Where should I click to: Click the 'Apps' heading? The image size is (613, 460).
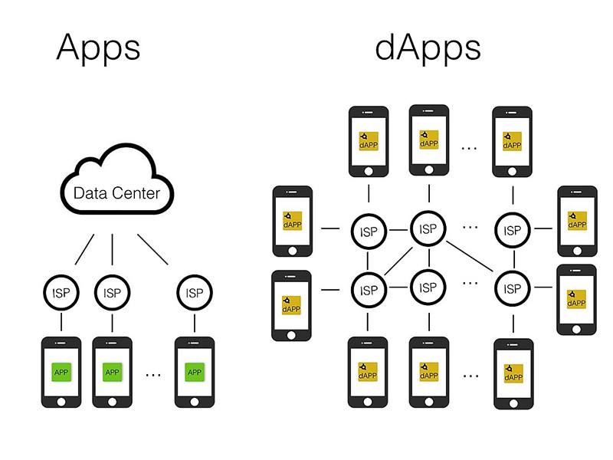click(98, 48)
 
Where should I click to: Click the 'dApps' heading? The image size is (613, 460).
click(428, 48)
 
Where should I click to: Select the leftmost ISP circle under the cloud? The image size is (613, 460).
click(61, 292)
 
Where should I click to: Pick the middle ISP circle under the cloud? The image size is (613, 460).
click(112, 292)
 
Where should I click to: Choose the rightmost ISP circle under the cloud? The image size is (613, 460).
click(195, 292)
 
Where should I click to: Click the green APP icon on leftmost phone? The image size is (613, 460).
click(61, 372)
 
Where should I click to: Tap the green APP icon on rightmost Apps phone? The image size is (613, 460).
click(195, 372)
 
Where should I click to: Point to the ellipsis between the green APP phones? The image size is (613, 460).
click(153, 374)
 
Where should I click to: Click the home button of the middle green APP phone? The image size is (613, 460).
click(112, 401)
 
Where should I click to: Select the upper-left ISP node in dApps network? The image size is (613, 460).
click(369, 232)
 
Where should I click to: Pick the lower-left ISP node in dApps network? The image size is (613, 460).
click(369, 290)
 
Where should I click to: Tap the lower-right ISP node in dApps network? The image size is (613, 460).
click(511, 289)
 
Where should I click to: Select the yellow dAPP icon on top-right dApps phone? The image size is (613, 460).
click(512, 140)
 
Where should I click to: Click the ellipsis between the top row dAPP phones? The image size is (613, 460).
click(470, 146)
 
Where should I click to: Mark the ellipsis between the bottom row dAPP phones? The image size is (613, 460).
click(470, 375)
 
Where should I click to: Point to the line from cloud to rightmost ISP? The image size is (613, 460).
click(153, 249)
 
